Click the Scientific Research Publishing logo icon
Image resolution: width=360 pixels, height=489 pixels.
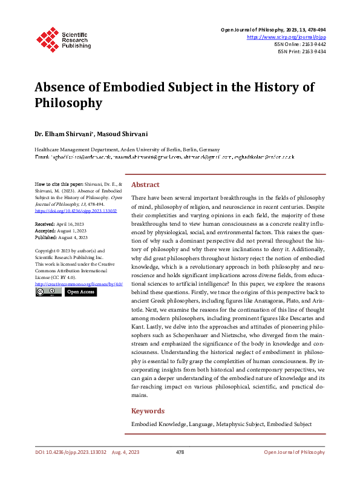(47, 37)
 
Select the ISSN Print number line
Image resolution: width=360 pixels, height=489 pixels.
(302, 52)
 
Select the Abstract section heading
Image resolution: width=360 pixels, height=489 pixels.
(145, 185)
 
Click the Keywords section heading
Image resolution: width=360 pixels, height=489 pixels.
(148, 411)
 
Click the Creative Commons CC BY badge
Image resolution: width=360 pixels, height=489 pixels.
(48, 292)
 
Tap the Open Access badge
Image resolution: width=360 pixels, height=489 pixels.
(80, 292)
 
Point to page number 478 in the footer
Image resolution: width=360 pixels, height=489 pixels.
(180, 452)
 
